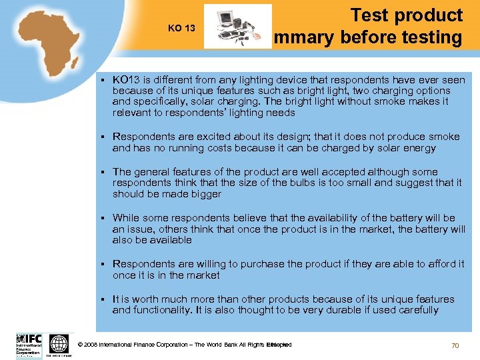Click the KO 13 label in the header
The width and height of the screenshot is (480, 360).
181,28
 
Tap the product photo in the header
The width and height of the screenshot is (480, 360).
237,27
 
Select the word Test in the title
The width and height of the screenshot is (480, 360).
371,15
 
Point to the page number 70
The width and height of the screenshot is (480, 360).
455,345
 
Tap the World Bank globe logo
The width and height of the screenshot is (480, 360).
59,344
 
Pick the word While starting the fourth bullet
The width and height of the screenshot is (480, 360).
126,217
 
